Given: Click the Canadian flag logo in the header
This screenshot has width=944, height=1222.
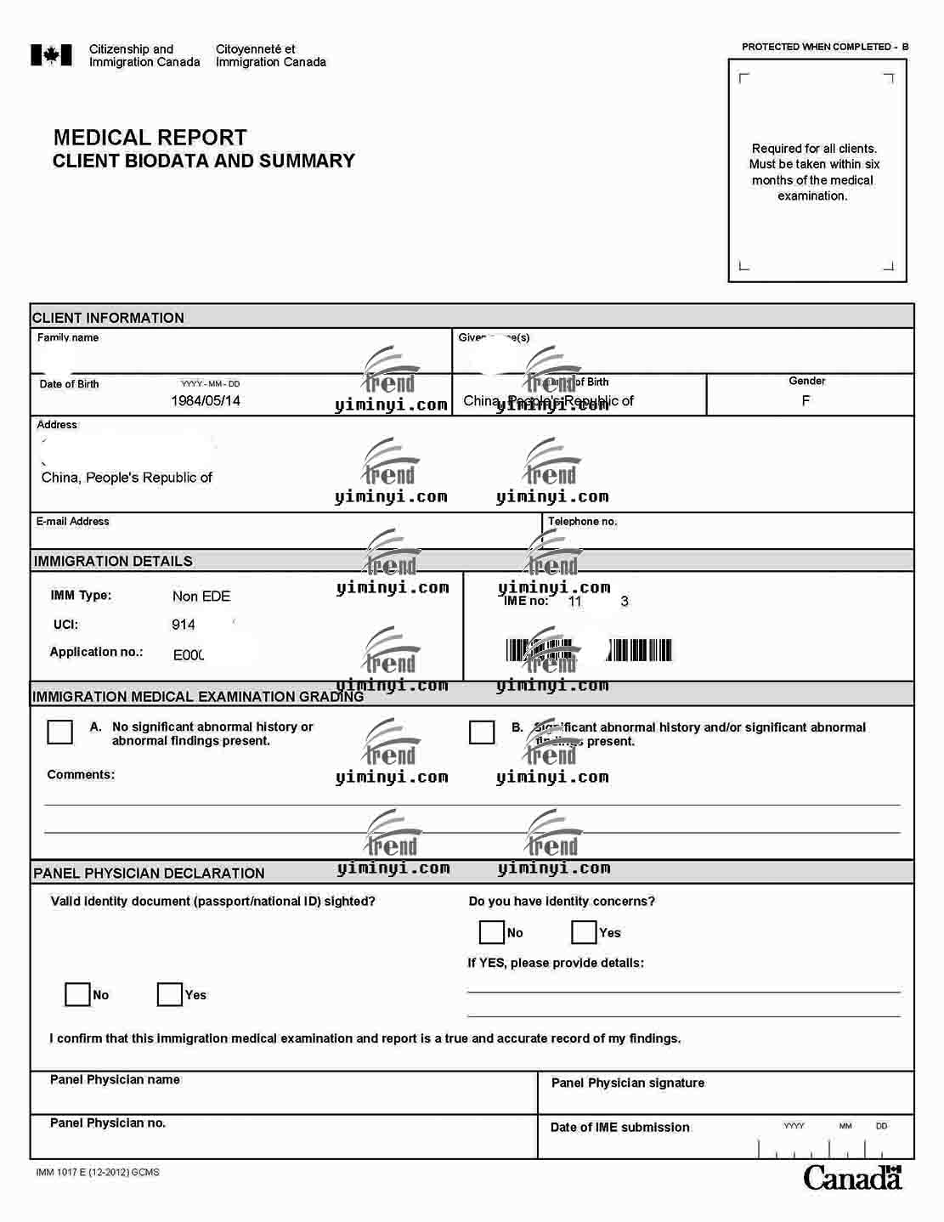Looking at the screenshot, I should (51, 55).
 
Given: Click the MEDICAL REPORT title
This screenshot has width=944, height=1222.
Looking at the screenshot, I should (150, 138).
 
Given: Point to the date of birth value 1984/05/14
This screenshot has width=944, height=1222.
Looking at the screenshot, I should (206, 400).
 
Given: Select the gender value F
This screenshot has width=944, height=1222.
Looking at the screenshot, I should (806, 400).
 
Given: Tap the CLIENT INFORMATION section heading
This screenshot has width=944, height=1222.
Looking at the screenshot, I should (108, 318).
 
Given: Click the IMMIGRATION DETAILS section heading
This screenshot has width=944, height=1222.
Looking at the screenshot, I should (113, 561).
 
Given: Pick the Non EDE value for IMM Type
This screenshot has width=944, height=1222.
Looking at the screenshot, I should (201, 597).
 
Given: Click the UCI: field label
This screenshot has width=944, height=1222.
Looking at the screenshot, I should (65, 625).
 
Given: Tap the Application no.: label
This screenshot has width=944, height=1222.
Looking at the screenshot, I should (96, 652).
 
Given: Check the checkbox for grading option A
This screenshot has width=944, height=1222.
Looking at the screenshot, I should (59, 732).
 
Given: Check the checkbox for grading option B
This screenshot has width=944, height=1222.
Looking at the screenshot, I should (482, 732).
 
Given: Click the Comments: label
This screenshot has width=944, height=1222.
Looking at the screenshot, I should (81, 774).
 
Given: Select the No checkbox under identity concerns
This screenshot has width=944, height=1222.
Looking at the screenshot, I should (492, 932).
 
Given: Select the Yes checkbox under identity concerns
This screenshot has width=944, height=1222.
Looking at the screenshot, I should (584, 932).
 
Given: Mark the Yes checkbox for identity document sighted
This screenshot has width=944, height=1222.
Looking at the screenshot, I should (170, 994).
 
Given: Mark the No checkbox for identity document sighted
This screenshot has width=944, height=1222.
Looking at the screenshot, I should (77, 994).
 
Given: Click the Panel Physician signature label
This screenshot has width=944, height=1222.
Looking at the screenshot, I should (628, 1083).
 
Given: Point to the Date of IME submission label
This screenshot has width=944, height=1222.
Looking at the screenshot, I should (620, 1128).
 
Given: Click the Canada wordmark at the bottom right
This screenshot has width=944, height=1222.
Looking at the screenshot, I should (852, 1178).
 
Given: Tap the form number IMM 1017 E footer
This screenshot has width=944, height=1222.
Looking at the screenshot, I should (98, 1173).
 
